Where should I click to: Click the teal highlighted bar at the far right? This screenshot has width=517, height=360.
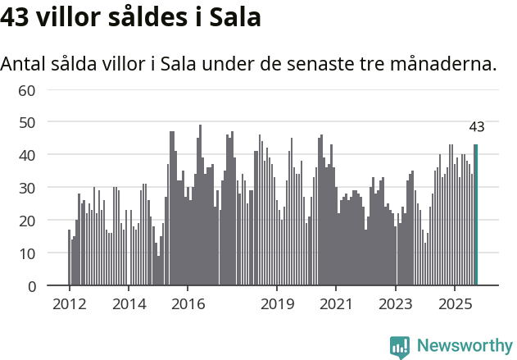click(476, 216)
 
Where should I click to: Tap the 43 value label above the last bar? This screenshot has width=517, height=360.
click(477, 127)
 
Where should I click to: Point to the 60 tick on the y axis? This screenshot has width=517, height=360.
click(27, 89)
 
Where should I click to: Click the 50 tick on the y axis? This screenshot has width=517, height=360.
click(27, 122)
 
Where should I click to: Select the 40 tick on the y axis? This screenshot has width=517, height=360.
click(27, 155)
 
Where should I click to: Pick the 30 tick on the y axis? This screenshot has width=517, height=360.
click(27, 188)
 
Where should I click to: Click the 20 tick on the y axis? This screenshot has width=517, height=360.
click(27, 221)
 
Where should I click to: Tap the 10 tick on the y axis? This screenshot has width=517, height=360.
click(27, 253)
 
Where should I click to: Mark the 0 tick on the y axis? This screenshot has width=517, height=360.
click(31, 286)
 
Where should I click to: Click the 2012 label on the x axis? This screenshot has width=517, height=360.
click(69, 305)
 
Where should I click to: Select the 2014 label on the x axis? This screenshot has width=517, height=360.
click(129, 305)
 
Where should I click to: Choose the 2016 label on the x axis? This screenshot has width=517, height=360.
click(188, 305)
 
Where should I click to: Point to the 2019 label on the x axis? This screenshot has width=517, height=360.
click(277, 305)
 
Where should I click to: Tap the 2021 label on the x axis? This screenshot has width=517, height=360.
click(336, 305)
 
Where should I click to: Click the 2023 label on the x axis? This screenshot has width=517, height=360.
click(396, 305)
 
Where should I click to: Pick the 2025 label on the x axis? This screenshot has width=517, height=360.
click(455, 305)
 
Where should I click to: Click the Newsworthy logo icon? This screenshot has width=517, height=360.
click(400, 347)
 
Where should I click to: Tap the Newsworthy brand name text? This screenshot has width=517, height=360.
click(465, 346)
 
